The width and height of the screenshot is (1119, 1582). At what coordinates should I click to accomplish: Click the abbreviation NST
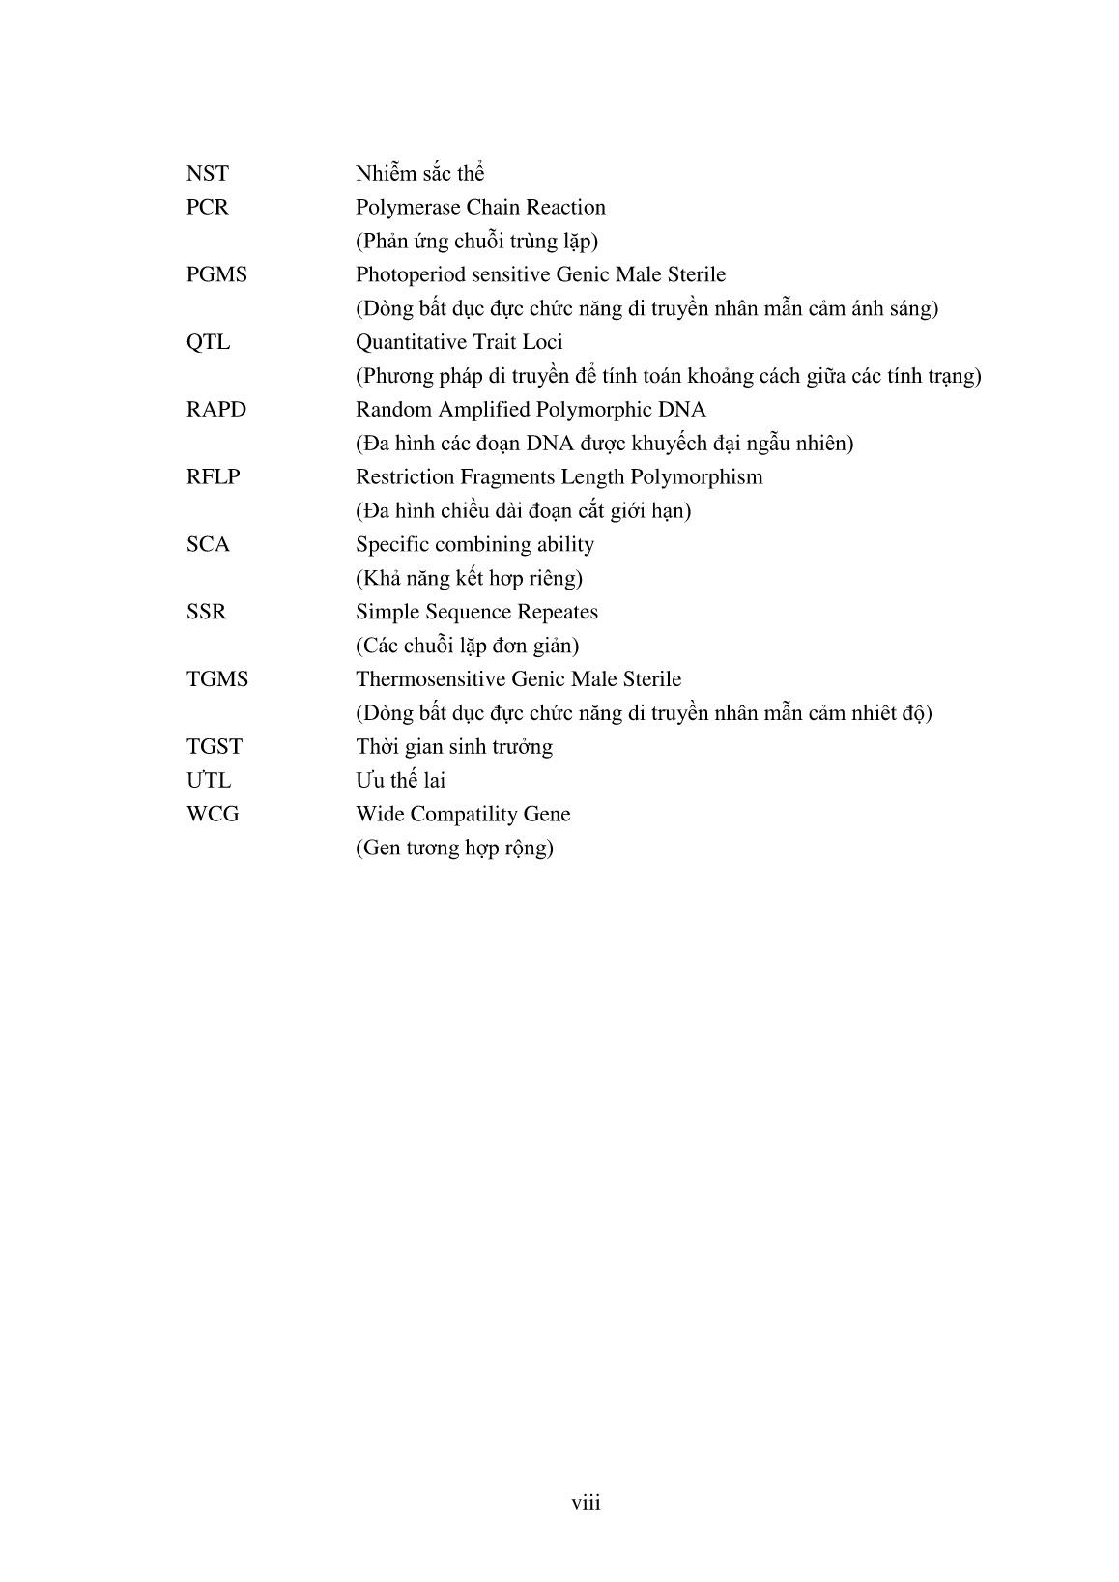207,174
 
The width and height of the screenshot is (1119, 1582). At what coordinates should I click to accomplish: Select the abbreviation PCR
207,208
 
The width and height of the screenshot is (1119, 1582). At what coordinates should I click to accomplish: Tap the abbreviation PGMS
216,275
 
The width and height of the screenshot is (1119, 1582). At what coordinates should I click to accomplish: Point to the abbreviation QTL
208,342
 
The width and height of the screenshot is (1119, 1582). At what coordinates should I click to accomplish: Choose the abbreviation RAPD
216,410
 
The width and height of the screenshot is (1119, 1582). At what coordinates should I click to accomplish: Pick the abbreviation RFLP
213,477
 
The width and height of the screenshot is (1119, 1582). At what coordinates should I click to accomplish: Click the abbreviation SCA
208,545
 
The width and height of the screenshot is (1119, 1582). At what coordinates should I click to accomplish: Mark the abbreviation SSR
206,613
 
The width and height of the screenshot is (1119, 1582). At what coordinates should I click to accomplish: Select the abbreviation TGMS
217,679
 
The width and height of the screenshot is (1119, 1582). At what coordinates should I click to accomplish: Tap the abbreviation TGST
215,747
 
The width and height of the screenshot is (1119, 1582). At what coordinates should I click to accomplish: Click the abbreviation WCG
213,815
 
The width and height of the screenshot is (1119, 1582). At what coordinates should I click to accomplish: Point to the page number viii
586,1503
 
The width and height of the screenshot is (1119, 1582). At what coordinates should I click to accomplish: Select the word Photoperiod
412,275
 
